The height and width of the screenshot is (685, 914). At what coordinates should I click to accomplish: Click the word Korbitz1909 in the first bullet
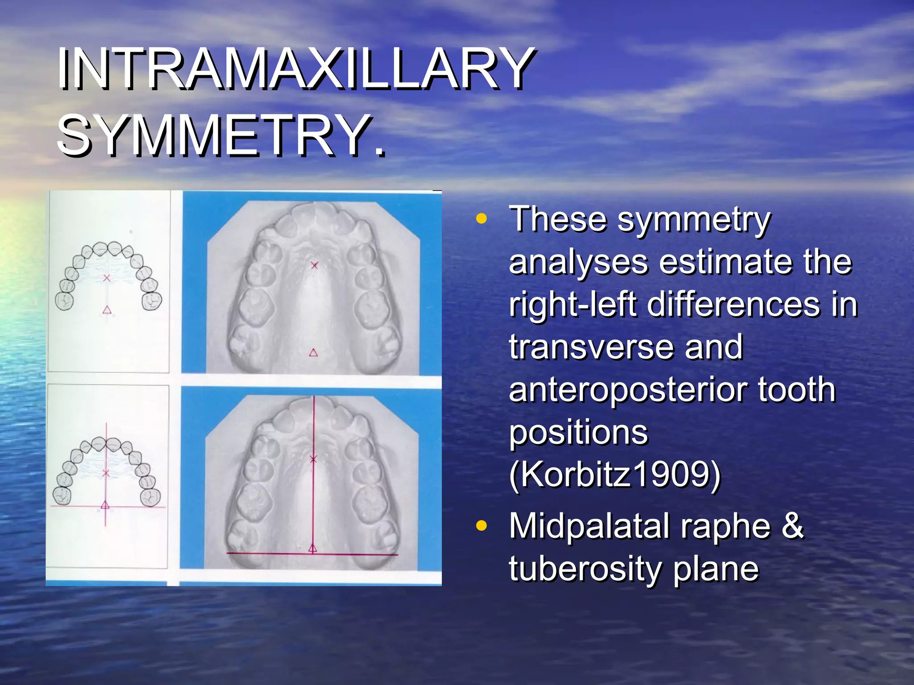pyautogui.click(x=615, y=475)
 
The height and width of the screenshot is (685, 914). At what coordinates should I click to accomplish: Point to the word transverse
pyautogui.click(x=591, y=347)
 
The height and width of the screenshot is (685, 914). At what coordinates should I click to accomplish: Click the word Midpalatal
pyautogui.click(x=589, y=526)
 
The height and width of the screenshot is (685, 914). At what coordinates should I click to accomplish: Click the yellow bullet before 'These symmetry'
pyautogui.click(x=481, y=219)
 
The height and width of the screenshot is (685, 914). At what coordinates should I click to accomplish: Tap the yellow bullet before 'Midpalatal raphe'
pyautogui.click(x=481, y=526)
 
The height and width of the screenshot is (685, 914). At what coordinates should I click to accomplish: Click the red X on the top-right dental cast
pyautogui.click(x=315, y=265)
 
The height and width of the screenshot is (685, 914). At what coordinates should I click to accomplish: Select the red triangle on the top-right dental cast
pyautogui.click(x=313, y=353)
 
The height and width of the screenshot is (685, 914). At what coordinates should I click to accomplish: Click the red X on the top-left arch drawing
pyautogui.click(x=107, y=278)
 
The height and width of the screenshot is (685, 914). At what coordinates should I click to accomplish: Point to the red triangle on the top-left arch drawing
pyautogui.click(x=107, y=309)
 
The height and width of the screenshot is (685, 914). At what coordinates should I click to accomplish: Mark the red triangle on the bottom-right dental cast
pyautogui.click(x=313, y=548)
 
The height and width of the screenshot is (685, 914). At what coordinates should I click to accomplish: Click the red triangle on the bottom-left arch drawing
pyautogui.click(x=105, y=505)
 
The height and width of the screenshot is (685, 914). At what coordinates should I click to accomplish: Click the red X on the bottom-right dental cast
pyautogui.click(x=313, y=459)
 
